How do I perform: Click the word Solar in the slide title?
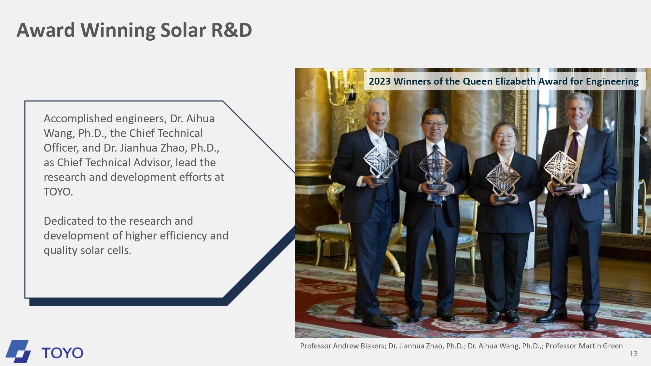point(183,30)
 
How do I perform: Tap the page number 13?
point(633,354)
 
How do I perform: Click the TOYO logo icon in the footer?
point(18,351)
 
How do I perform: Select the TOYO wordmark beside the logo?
point(62,353)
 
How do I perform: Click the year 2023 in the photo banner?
point(380,81)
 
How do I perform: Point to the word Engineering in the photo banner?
point(612,82)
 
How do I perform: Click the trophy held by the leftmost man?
point(381,162)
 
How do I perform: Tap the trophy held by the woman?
point(503,181)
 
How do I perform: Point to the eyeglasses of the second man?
point(435,124)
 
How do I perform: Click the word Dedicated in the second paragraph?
point(70,221)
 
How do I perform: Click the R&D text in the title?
point(232,30)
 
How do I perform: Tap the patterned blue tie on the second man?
point(436,176)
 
